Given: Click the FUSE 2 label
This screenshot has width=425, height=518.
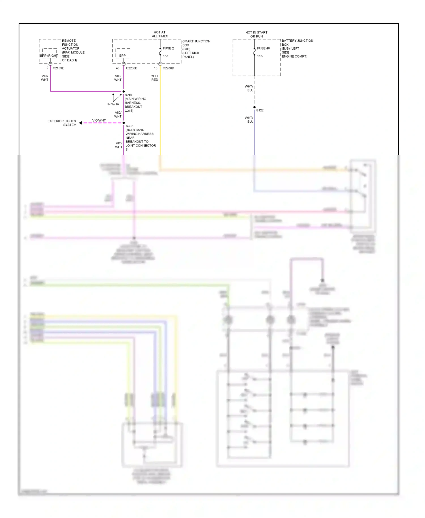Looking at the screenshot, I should tap(168, 48).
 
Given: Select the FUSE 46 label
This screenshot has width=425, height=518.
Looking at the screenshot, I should tap(263, 48).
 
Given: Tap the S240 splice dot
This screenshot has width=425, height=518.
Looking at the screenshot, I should tap(124, 92).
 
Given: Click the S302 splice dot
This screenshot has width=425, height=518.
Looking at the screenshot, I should tap(124, 123).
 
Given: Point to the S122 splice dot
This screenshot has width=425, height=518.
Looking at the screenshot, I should tap(254, 107).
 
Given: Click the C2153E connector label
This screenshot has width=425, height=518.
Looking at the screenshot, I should tap(58, 68).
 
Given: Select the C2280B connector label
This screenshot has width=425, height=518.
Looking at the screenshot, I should tap(131, 68).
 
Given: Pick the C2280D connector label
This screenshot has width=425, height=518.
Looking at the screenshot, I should tap(168, 68).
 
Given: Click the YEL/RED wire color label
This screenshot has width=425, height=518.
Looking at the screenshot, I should tap(155, 78).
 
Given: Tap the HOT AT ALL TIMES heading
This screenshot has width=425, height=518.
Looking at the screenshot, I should tap(160, 34).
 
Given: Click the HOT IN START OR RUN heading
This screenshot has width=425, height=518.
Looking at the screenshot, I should tap(256, 34).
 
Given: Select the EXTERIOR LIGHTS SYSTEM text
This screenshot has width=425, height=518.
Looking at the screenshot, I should tap(62, 123).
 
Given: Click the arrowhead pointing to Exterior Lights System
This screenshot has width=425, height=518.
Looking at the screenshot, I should tap(80, 123).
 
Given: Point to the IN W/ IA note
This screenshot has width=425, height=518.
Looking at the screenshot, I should tap(113, 104).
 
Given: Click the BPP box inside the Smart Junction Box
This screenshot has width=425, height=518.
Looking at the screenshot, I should tap(122, 56).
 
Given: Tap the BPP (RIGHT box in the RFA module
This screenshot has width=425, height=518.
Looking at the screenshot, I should tap(49, 56).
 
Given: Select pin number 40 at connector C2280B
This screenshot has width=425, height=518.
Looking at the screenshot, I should tap(118, 68).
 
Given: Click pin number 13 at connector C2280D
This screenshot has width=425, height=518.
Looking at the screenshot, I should tap(156, 68).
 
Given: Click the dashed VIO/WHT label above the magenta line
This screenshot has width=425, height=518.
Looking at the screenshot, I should tap(99, 120).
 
